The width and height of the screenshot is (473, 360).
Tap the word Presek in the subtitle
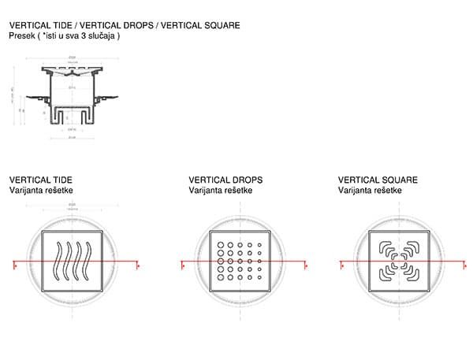click(22, 36)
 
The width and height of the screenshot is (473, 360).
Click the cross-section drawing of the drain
click(73, 98)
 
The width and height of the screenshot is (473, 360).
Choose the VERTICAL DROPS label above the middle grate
click(225, 180)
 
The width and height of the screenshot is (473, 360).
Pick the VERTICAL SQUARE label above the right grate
click(378, 180)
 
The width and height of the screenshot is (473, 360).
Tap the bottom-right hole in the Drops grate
click(259, 277)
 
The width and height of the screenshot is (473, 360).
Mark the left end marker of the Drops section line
click(184, 266)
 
